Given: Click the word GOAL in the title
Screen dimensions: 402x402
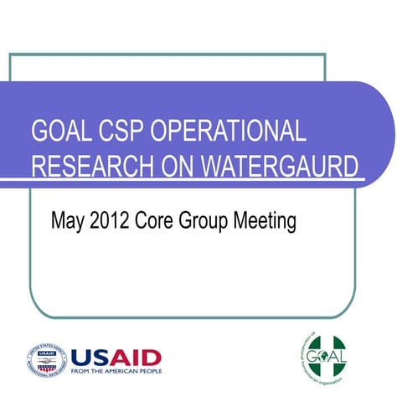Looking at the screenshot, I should click(60, 132).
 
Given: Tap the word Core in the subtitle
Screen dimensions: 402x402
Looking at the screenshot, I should click(158, 222).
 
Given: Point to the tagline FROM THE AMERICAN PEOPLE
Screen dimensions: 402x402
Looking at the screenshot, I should click(116, 371).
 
